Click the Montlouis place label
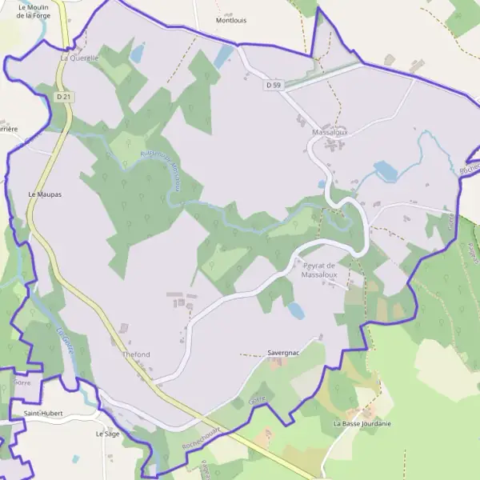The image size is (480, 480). point(232,21)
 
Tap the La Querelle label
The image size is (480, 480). point(79,58)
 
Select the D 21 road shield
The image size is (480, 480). point(64,96)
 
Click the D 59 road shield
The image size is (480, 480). point(274,84)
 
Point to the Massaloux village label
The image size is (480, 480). point(330,131)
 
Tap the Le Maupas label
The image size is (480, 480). point(45,194)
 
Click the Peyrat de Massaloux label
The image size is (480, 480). point(320,270)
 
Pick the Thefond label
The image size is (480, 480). point(136,354)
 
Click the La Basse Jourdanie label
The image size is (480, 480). point(362,423)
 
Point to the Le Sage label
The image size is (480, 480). point(107,434)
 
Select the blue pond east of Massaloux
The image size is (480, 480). point(385,170)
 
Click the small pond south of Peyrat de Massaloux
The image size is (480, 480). point(296,311)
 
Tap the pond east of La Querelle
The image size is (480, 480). point(138,54)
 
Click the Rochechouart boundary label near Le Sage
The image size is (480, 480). point(201,436)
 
